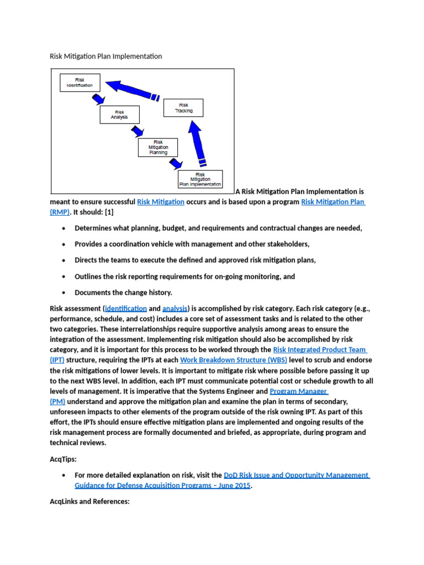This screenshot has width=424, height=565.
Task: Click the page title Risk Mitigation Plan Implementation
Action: pos(106,56)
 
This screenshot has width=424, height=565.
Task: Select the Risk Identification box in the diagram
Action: pos(79,83)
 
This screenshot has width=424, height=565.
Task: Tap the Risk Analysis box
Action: pos(119,115)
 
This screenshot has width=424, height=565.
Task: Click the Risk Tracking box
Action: pos(183,108)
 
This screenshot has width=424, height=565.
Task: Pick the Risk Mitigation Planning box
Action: pos(158,147)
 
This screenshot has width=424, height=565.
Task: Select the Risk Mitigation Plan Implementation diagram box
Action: pos(200,179)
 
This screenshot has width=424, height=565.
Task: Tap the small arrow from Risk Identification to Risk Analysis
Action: pos(99,99)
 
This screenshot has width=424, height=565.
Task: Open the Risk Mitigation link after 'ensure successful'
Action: pos(161,202)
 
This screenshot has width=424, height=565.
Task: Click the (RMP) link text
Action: pos(61,212)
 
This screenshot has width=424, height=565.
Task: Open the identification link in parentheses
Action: pos(126,308)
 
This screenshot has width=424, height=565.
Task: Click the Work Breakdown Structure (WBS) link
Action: pos(230,360)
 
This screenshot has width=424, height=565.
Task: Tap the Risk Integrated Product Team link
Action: pos(319,350)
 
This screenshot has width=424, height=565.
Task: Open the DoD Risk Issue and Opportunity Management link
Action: pos(296,475)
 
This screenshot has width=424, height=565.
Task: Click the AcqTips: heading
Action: pos(63,459)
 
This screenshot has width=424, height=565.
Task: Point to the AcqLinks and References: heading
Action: pos(89,503)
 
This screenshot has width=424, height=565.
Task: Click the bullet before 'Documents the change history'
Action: pos(65,292)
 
